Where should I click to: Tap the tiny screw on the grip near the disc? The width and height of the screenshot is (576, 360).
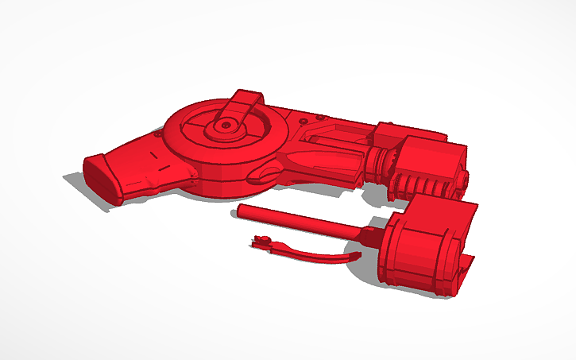pos(159,135)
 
